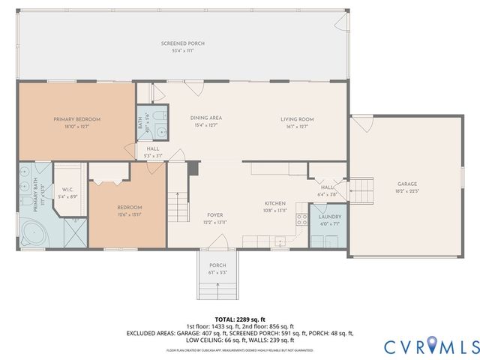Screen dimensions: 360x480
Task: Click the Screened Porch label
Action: click(x=182, y=43)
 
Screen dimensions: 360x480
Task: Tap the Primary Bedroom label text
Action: click(x=76, y=118)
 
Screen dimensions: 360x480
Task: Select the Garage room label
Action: click(x=407, y=184)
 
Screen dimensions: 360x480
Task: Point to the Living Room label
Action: click(x=297, y=118)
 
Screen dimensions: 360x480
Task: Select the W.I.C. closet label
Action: click(x=67, y=189)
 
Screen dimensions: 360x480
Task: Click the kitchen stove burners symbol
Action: click(x=302, y=220)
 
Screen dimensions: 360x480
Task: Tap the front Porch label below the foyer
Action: click(x=217, y=265)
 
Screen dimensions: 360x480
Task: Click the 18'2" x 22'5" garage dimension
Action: click(x=407, y=191)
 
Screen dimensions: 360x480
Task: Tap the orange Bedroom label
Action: click(x=129, y=207)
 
